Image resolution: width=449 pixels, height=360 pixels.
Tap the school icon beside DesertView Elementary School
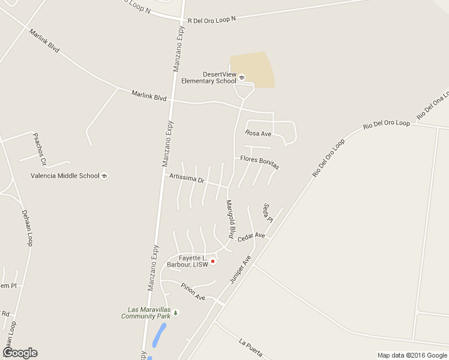(242, 77)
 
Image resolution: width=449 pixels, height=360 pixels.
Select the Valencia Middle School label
(65, 176)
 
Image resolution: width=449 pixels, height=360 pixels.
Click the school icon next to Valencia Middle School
(104, 176)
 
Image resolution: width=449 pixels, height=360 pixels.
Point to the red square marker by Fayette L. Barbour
(212, 261)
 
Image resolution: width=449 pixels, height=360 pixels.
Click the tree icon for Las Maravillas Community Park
(176, 312)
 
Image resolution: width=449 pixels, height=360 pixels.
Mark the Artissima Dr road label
(187, 179)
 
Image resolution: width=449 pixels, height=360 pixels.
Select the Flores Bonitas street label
(259, 162)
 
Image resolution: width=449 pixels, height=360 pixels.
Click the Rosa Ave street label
(258, 133)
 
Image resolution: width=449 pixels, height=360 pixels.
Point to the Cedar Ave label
(251, 237)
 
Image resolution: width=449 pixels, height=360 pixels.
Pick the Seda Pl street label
(267, 213)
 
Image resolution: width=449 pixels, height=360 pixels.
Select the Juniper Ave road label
(240, 269)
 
